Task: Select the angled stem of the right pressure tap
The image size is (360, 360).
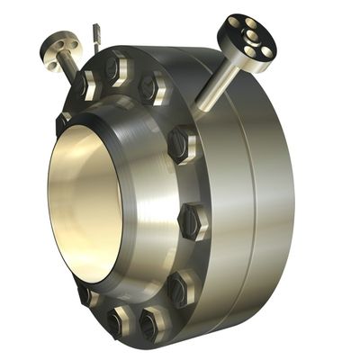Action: tap(219, 81)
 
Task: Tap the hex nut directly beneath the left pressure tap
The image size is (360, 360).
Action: tap(86, 85)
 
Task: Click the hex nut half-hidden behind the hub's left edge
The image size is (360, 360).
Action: tap(62, 122)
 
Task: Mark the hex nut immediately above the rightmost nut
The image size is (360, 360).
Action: tap(181, 143)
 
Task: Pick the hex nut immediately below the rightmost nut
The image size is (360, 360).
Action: tap(179, 287)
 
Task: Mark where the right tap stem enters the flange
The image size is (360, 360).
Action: tap(200, 106)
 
